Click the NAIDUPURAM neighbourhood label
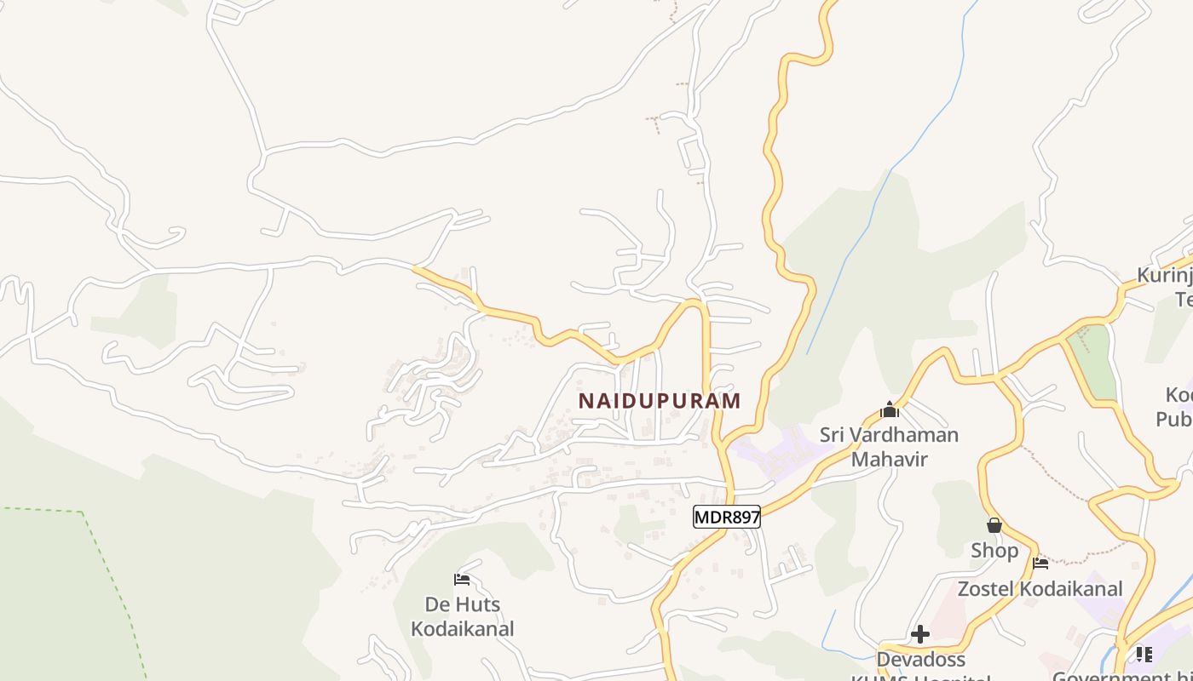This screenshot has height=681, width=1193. (660, 401)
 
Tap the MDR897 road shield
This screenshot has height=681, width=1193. (726, 517)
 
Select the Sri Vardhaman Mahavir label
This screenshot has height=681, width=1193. (889, 447)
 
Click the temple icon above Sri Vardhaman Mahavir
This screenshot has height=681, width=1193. (890, 410)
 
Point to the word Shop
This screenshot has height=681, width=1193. (994, 551)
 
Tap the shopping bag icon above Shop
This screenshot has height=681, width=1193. (994, 525)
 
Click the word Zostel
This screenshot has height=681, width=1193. (988, 589)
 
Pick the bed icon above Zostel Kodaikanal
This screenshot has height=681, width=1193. (1040, 563)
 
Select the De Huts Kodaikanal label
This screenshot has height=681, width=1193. (463, 617)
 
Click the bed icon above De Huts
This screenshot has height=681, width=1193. (462, 581)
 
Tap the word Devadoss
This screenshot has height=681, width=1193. (920, 660)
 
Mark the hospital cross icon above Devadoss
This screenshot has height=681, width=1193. (920, 634)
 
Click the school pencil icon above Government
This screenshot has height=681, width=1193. (1144, 654)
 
